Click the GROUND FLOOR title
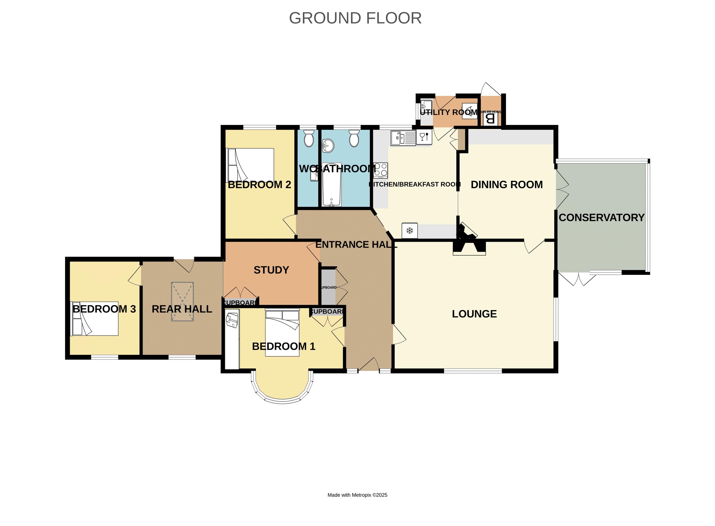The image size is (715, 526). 355,18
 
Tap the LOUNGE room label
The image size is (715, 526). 474,314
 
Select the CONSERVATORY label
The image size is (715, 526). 601,217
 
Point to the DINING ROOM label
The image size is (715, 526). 506,185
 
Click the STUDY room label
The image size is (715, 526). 271,270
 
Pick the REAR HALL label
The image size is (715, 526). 182,309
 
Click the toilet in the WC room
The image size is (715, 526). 308,138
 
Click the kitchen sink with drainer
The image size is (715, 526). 403,138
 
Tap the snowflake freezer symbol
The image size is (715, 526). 410,230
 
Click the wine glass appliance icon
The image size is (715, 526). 424,137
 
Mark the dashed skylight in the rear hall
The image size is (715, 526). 182,301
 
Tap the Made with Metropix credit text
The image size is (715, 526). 357,495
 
